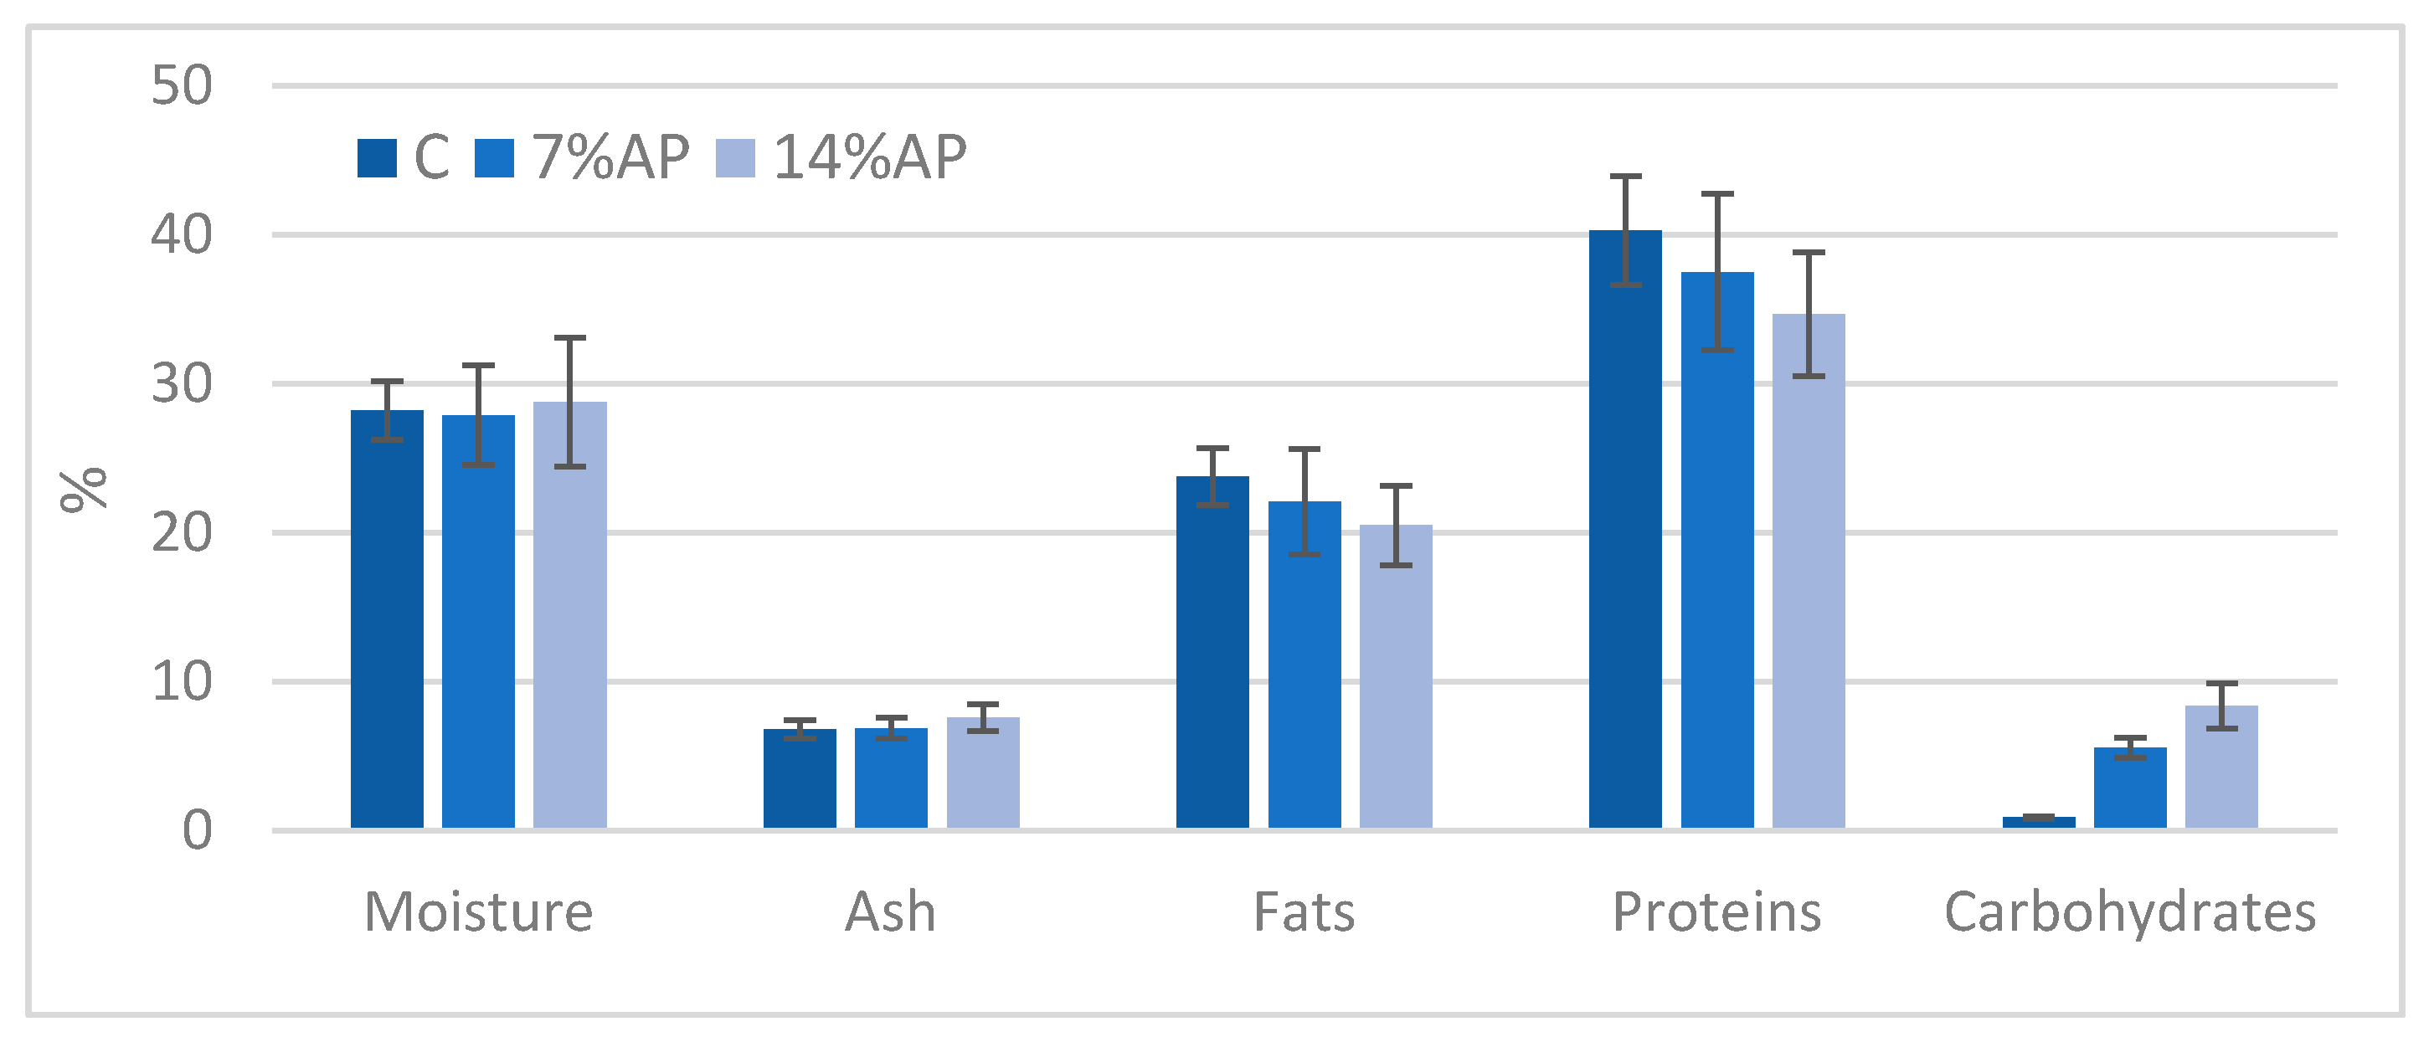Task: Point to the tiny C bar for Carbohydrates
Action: click(2039, 822)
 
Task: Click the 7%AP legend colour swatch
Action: click(494, 157)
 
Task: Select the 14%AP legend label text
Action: click(869, 157)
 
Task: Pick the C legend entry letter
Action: click(432, 157)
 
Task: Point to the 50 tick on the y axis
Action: click(182, 86)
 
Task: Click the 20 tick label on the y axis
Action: click(182, 533)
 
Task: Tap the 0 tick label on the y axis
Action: click(197, 831)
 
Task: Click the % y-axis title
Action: click(83, 490)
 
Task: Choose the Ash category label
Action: click(890, 912)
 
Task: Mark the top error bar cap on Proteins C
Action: click(1625, 177)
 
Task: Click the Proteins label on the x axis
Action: click(1716, 912)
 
